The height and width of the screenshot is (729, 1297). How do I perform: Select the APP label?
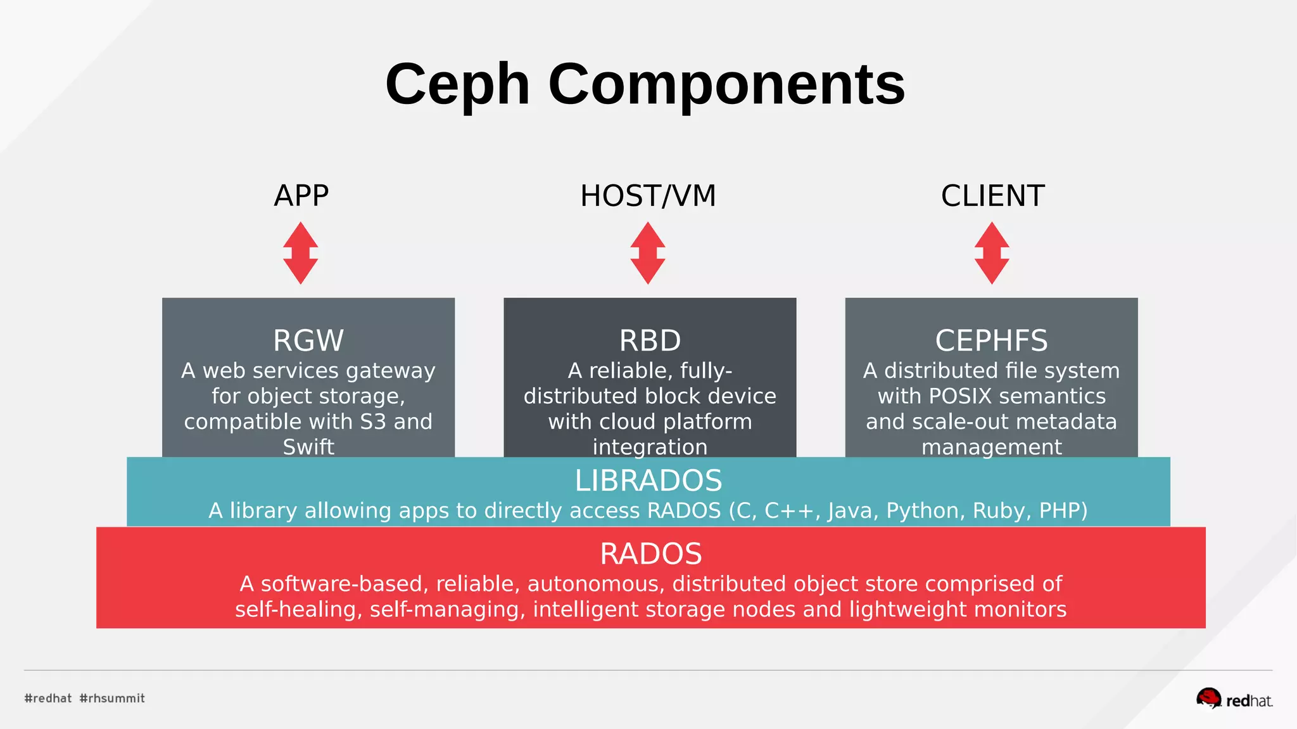[x=301, y=196]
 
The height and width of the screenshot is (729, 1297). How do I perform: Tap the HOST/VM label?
[x=648, y=196]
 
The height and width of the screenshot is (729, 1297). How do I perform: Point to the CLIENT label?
[x=992, y=196]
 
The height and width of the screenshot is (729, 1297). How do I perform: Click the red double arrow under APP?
[x=301, y=253]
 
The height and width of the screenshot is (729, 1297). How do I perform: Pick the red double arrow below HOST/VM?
[x=648, y=253]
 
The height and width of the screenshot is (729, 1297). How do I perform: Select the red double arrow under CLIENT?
[x=992, y=253]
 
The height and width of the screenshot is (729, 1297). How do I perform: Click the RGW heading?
[x=308, y=340]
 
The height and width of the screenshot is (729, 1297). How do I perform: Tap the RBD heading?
[x=650, y=340]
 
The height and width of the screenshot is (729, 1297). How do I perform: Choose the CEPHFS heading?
[x=991, y=340]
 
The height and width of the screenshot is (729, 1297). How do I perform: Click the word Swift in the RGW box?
[x=308, y=447]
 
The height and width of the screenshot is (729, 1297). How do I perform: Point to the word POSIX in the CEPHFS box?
[x=960, y=396]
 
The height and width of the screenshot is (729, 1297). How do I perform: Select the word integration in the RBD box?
[x=650, y=447]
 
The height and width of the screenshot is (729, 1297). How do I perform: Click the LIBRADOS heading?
[x=648, y=481]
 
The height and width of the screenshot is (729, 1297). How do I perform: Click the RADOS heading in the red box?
[x=650, y=554]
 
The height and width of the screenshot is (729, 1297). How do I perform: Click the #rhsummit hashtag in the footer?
[x=112, y=699]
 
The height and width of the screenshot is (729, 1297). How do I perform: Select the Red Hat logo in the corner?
[x=1234, y=699]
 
